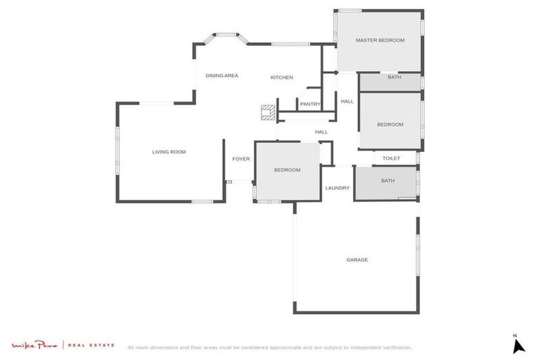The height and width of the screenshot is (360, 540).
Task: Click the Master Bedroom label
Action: (x=380, y=40)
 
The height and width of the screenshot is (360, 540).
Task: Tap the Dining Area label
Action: (x=221, y=75)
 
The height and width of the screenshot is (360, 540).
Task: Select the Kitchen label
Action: (x=282, y=77)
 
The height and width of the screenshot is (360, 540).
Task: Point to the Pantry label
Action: (x=310, y=104)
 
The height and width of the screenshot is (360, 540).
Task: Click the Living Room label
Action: (x=169, y=152)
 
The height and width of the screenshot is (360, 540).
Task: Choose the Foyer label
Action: (x=241, y=159)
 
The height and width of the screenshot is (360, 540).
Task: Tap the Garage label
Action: (x=356, y=260)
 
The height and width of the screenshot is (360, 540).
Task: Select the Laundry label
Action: (x=337, y=188)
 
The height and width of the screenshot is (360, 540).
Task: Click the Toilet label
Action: (x=391, y=158)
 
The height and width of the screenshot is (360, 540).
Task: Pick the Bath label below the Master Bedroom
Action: (x=394, y=77)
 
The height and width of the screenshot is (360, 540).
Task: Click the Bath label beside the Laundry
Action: (x=388, y=181)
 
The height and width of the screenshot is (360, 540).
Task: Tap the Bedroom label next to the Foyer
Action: (x=287, y=169)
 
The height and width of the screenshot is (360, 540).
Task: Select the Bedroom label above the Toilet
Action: (x=390, y=124)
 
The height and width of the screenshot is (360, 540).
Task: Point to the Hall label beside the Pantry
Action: (x=347, y=102)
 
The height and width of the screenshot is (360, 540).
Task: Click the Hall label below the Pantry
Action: (x=321, y=131)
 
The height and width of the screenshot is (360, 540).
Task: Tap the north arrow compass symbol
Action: (x=518, y=345)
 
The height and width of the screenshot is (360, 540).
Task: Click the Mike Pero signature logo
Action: (x=34, y=345)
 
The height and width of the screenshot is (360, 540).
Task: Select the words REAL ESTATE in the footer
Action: (x=91, y=345)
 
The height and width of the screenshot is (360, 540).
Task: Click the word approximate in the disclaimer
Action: (x=296, y=347)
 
